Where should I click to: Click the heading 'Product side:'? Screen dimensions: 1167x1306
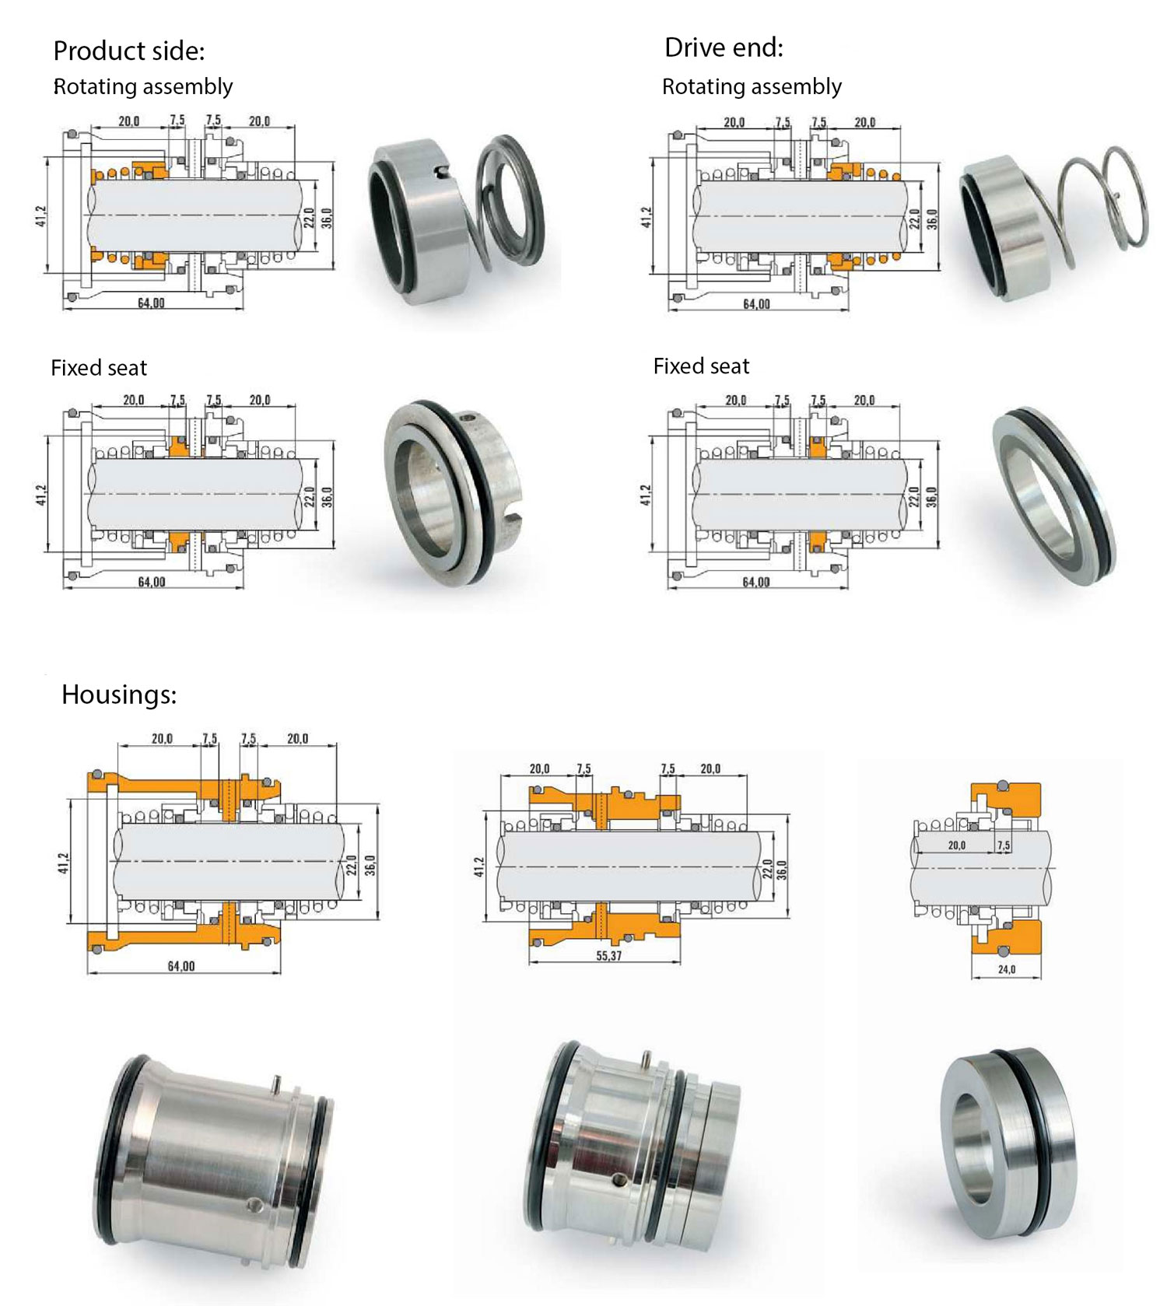coord(128,51)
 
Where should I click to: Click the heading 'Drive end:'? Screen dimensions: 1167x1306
coord(724,47)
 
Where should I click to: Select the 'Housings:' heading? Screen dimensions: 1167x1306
coord(119,694)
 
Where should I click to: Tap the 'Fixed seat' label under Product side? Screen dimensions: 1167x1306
coord(99,367)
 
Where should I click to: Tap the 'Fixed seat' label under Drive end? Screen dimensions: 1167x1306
coord(701,366)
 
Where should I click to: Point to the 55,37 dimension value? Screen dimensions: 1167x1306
coord(608,956)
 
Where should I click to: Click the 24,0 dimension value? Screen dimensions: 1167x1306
coord(1007,969)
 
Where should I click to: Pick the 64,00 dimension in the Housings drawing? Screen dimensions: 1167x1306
coord(181,966)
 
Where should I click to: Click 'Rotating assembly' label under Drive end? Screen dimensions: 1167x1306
coord(752,86)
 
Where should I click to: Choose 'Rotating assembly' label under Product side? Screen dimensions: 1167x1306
coord(143,86)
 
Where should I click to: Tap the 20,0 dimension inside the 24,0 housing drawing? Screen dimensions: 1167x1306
coord(956,845)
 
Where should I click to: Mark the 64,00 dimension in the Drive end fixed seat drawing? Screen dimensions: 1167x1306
coord(756,582)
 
